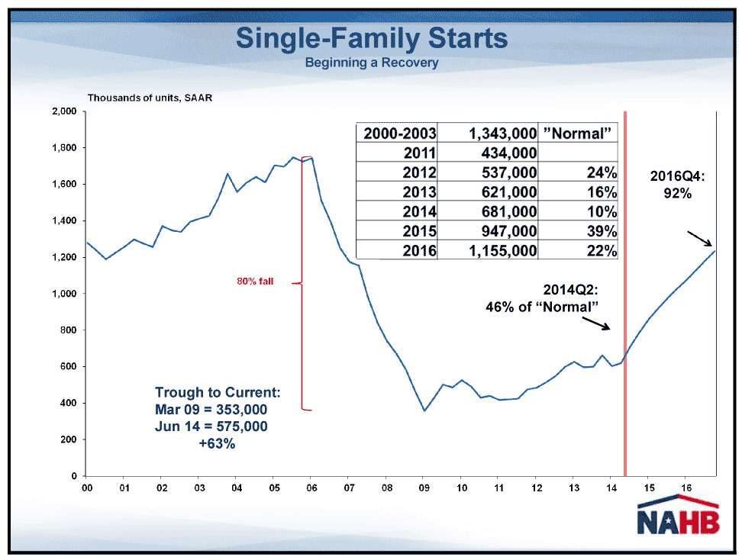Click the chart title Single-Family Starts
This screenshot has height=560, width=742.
point(372,38)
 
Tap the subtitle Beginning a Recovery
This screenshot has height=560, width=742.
point(372,63)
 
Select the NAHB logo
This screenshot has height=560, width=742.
point(678,515)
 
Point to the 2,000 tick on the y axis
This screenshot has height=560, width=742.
point(64,111)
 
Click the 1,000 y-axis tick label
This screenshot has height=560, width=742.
point(64,294)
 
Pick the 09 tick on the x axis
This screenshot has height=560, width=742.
point(424,488)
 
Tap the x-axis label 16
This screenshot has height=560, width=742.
point(686,488)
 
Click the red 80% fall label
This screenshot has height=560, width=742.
point(255,282)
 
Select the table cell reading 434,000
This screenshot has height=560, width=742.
point(509,153)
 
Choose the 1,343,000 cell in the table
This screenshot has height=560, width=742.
point(502,134)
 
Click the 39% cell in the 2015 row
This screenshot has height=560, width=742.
point(602,231)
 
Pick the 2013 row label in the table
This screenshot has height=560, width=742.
point(419,192)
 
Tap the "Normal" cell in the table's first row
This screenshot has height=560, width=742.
point(577,134)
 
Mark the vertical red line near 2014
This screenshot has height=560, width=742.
point(625,294)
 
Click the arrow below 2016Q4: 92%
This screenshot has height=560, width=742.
point(700,239)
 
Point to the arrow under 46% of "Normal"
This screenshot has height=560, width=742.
point(596,323)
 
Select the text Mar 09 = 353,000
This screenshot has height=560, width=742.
point(211,410)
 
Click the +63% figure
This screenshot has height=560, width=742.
point(217,443)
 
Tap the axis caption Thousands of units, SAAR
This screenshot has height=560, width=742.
point(150,98)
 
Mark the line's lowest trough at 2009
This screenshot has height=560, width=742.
point(424,410)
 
